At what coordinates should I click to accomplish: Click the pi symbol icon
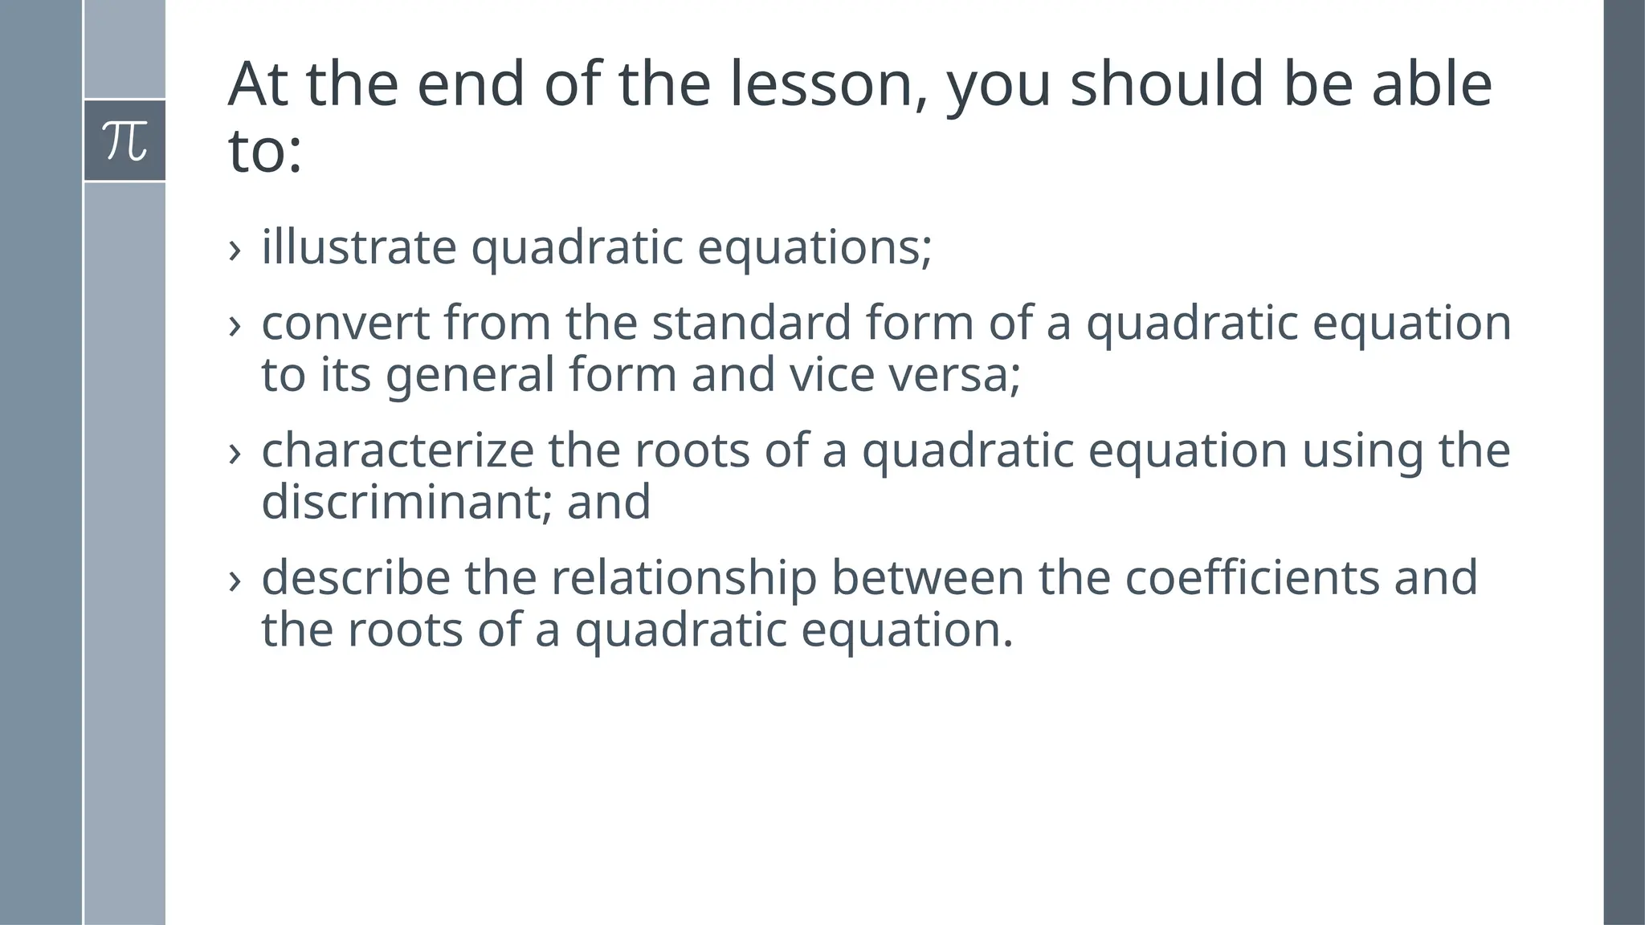(124, 141)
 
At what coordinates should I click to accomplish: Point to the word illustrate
(358, 247)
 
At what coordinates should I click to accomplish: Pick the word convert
(345, 323)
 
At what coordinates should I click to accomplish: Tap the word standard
(750, 323)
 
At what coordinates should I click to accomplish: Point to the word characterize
(398, 450)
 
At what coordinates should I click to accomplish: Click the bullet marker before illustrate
(235, 250)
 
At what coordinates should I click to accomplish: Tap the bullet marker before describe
(235, 581)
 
